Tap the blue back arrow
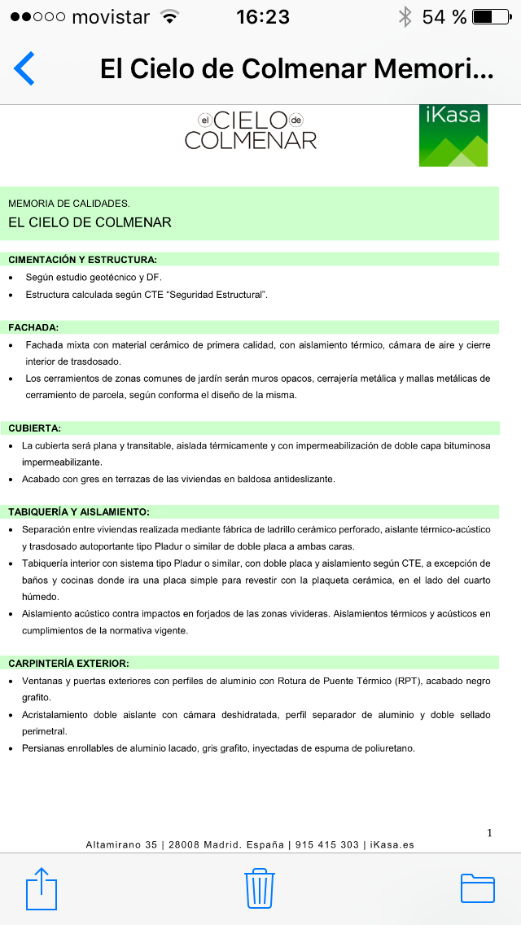pos(24,68)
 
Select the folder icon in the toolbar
pos(478,888)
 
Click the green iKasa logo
pos(453,135)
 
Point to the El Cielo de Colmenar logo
pos(251,130)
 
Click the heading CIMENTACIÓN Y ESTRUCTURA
pos(82,260)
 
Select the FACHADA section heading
pos(33,327)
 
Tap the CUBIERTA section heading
pos(35,427)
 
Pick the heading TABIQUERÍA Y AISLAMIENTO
pos(79,512)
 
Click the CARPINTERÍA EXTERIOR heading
pos(69,664)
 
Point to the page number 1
pos(489,832)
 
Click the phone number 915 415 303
pos(326,845)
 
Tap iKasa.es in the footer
pos(392,845)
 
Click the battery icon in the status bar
pos(494,16)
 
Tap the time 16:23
pos(263,16)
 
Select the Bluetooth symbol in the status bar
pos(405,16)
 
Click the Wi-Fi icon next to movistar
pos(170,16)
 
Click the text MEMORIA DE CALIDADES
pos(69,204)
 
